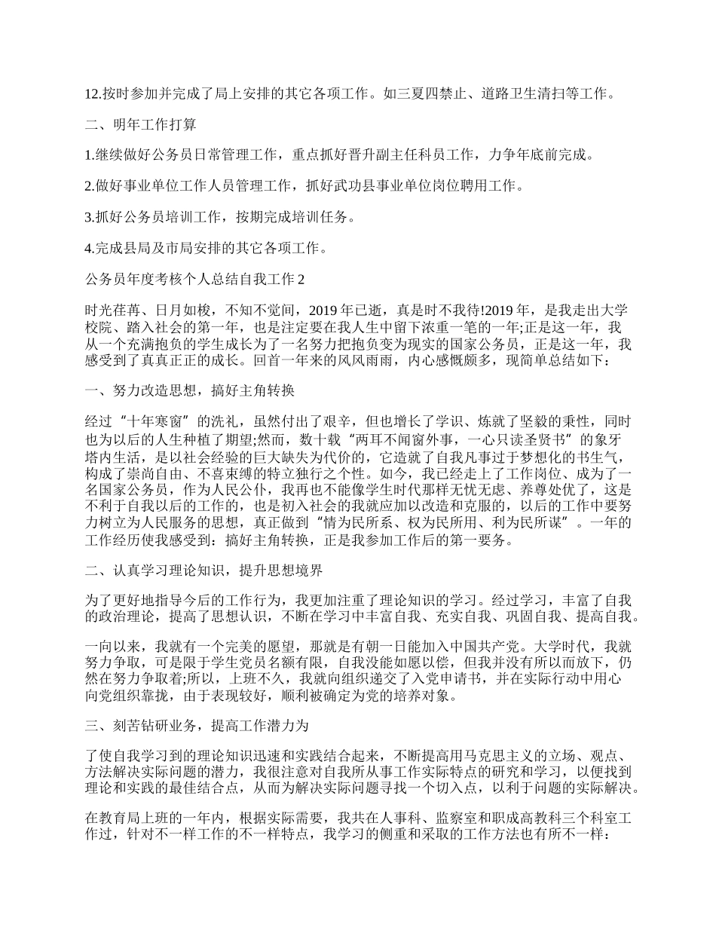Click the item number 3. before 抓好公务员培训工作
pos(90,217)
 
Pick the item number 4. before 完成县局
pos(90,248)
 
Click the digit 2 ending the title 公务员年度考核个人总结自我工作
pos(302,279)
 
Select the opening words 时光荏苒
pos(113,310)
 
